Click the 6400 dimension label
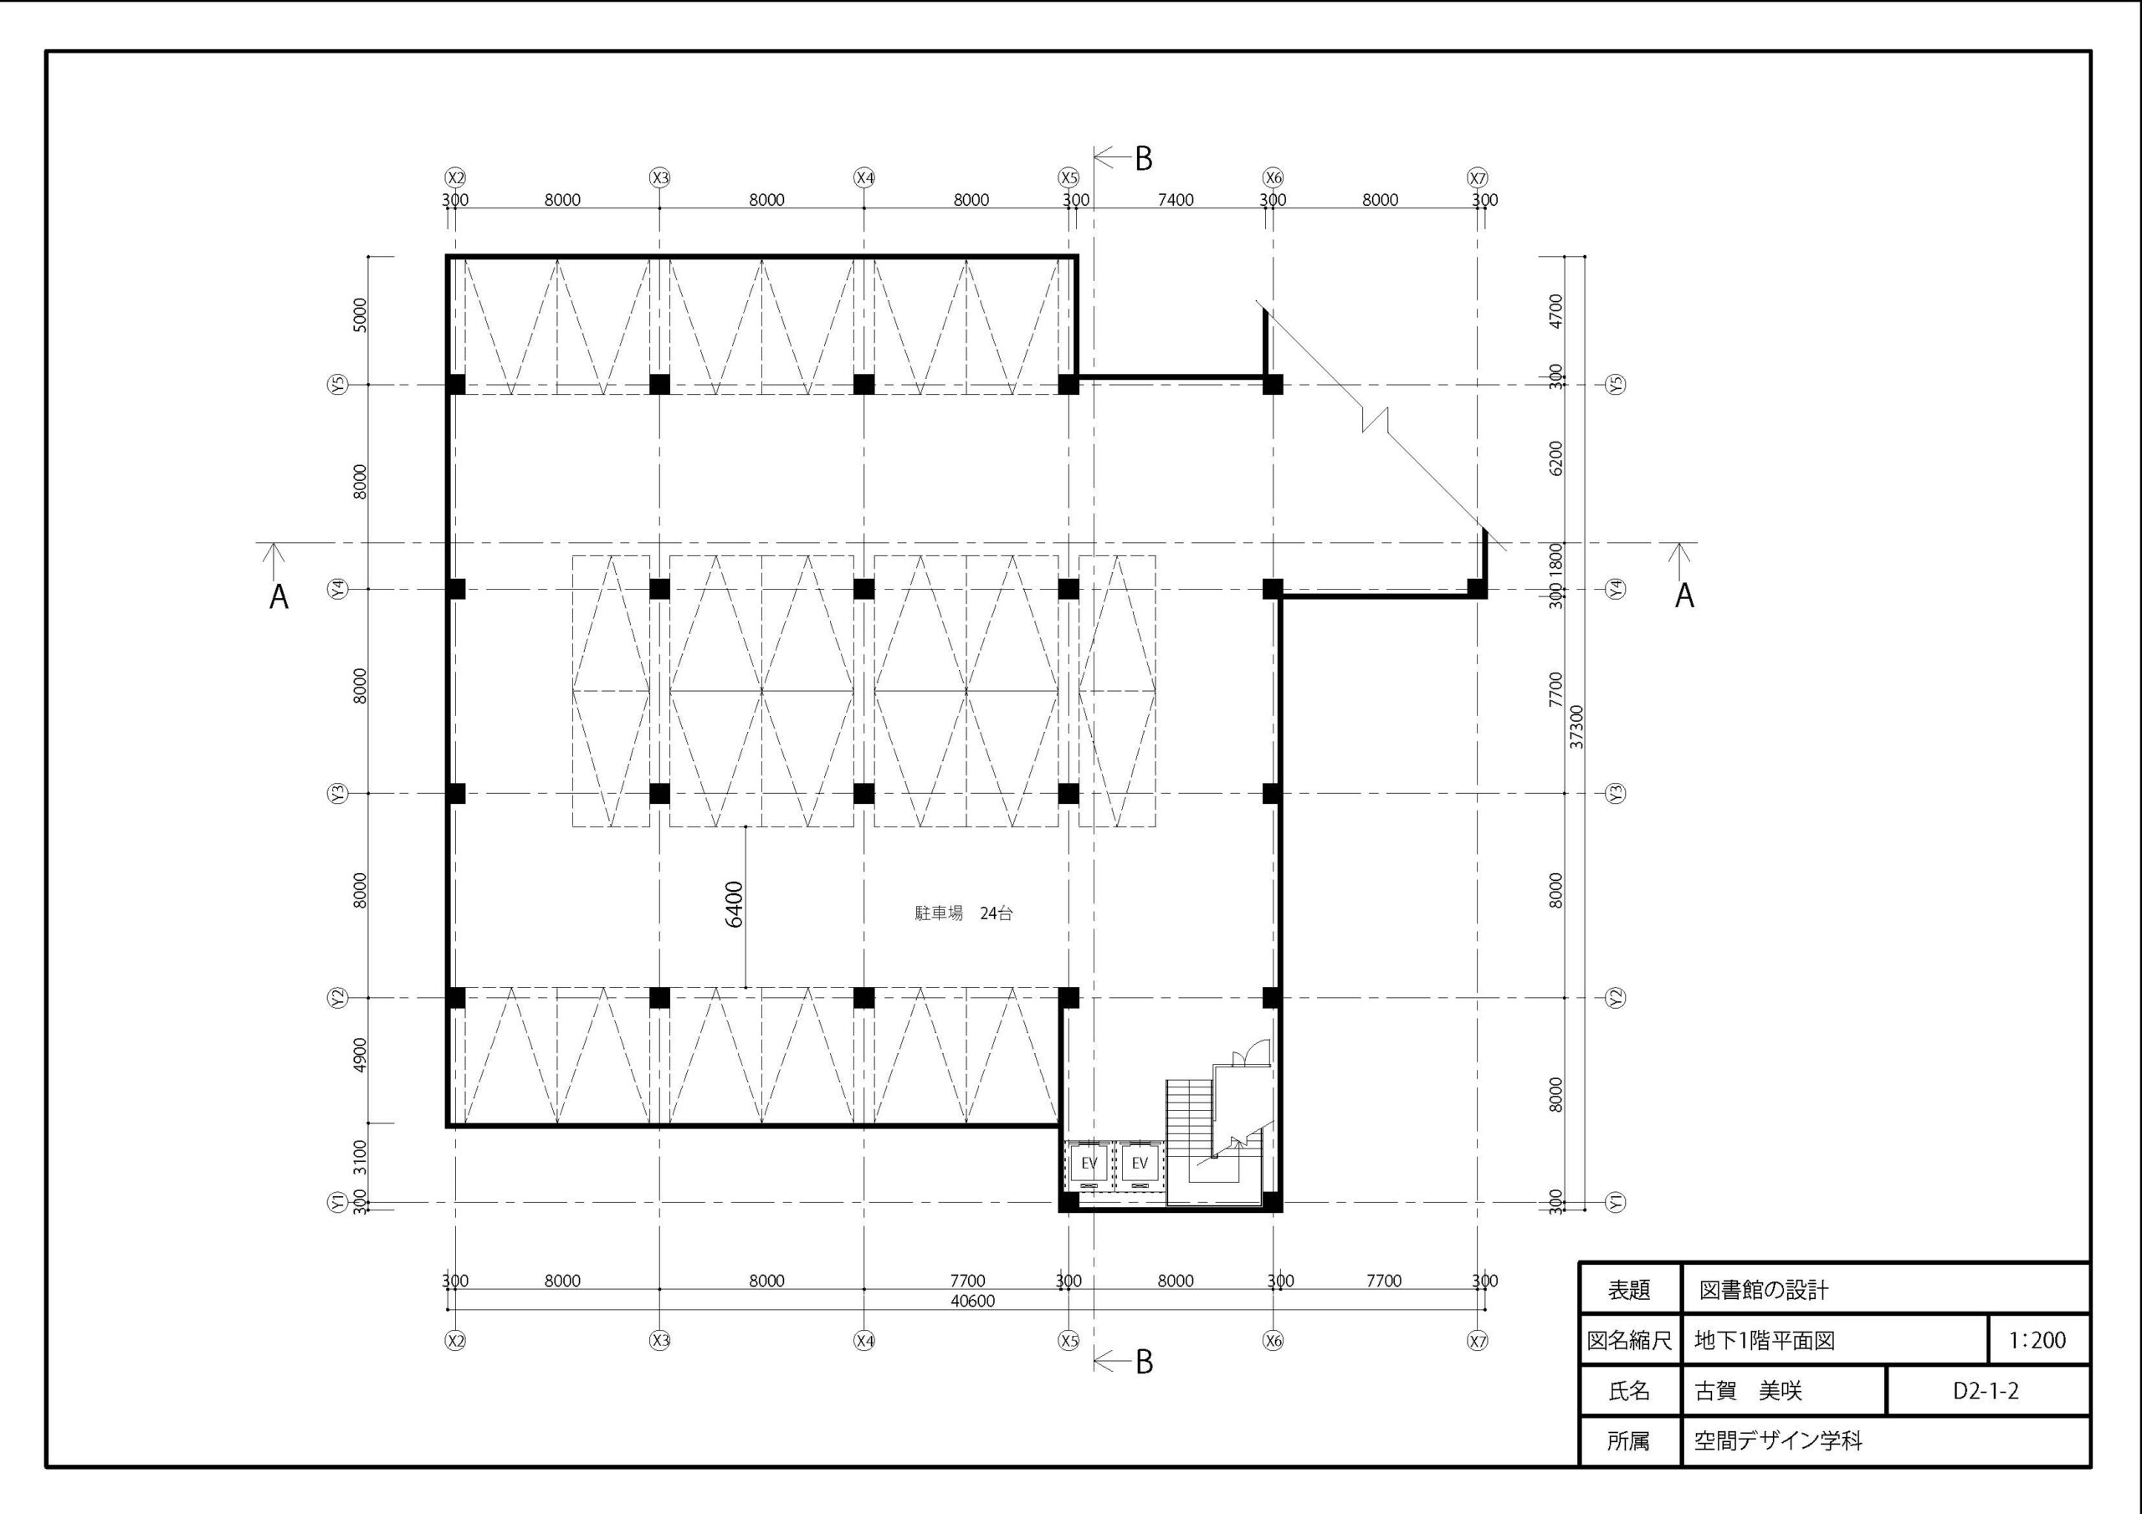(734, 904)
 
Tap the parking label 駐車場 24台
(964, 913)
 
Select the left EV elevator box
(1088, 1164)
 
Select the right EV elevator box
(1139, 1164)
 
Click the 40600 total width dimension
(972, 1301)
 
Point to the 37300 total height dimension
(1576, 727)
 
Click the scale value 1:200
(2037, 1341)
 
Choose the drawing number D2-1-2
(1986, 1391)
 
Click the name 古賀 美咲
(1748, 1391)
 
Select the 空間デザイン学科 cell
(1778, 1441)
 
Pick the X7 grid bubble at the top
(1478, 177)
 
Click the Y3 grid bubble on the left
(338, 793)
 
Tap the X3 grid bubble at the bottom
(659, 1341)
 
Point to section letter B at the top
(1144, 160)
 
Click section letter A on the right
(1684, 596)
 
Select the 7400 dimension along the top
(1176, 200)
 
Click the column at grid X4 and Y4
(863, 589)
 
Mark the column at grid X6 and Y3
(1273, 793)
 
